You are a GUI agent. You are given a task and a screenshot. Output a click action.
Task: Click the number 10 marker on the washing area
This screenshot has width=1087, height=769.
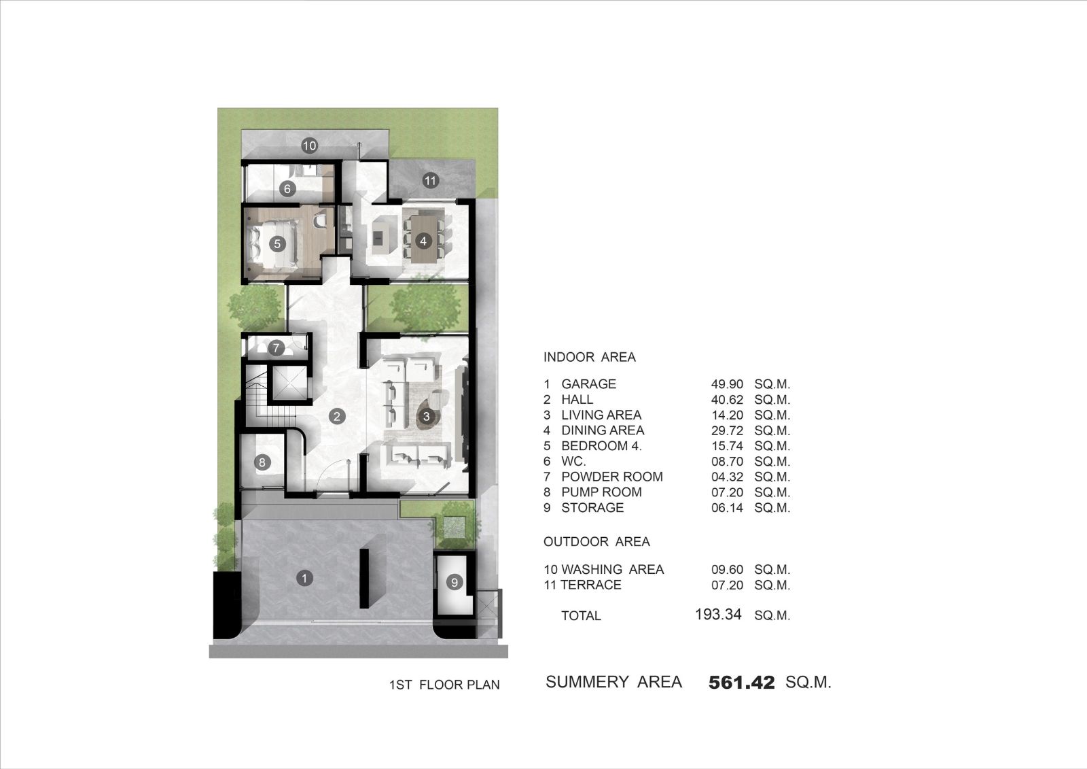pyautogui.click(x=309, y=146)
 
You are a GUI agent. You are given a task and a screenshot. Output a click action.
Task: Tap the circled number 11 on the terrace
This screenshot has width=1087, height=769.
pyautogui.click(x=430, y=181)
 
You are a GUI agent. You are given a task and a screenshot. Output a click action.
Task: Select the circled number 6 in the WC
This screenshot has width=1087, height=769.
pyautogui.click(x=287, y=188)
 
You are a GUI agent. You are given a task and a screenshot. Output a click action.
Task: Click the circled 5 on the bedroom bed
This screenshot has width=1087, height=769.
pyautogui.click(x=278, y=243)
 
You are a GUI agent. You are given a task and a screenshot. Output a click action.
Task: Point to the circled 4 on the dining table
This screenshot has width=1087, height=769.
pyautogui.click(x=424, y=241)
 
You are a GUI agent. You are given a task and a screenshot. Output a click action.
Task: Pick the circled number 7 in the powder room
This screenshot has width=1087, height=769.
pyautogui.click(x=276, y=348)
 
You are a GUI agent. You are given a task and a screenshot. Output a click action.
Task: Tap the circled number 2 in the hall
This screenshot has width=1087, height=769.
pyautogui.click(x=337, y=416)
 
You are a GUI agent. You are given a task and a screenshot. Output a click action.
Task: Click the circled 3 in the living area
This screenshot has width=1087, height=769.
pyautogui.click(x=427, y=416)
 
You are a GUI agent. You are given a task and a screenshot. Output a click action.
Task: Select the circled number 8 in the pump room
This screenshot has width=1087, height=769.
pyautogui.click(x=262, y=462)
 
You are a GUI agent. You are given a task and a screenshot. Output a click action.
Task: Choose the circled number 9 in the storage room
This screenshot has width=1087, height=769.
pyautogui.click(x=455, y=582)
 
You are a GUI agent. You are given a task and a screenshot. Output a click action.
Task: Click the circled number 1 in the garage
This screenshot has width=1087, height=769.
pyautogui.click(x=304, y=578)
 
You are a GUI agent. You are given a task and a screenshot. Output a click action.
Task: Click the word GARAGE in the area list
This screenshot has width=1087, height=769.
pyautogui.click(x=588, y=383)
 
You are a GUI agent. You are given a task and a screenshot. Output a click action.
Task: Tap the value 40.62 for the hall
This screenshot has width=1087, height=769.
pyautogui.click(x=727, y=399)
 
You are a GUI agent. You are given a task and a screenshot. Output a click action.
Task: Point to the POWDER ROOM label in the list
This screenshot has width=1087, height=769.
pyautogui.click(x=612, y=477)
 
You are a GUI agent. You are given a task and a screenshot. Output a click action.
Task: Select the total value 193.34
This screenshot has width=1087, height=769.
pyautogui.click(x=718, y=615)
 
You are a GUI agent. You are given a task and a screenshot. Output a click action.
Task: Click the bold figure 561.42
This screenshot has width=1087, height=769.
pyautogui.click(x=741, y=683)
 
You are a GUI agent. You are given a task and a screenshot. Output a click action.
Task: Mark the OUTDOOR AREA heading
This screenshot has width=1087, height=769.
pyautogui.click(x=596, y=542)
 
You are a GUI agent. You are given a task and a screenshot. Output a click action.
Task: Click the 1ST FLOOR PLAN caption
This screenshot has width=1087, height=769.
pyautogui.click(x=444, y=685)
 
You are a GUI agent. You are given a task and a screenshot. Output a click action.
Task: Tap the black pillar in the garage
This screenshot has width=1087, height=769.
pyautogui.click(x=364, y=578)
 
